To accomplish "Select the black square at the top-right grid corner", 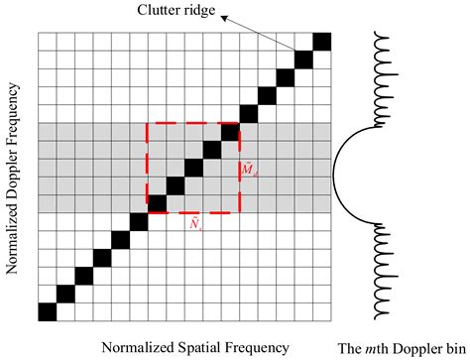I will click(x=321, y=41).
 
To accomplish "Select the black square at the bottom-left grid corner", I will click(x=47, y=311).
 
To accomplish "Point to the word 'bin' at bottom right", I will click(x=454, y=345).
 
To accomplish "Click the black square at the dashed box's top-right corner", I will click(x=230, y=131).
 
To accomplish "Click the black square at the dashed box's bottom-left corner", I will click(x=157, y=203).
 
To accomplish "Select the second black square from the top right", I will click(x=303, y=59).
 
